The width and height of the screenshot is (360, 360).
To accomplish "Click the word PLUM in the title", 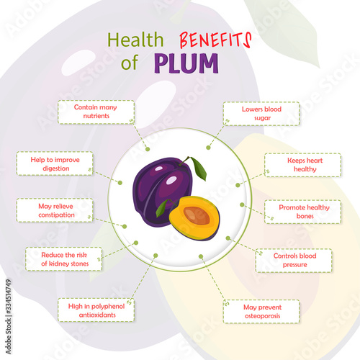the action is click(x=186, y=63).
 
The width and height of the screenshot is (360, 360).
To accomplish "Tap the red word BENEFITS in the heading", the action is click(x=215, y=40).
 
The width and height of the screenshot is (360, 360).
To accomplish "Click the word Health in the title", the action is click(x=135, y=40).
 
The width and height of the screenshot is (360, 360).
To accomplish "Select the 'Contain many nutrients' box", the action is click(x=96, y=112).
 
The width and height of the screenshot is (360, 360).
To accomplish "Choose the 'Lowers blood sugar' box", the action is click(x=261, y=114).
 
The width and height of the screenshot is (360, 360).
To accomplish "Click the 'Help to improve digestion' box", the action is click(x=55, y=163).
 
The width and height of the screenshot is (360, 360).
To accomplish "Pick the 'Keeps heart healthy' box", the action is click(x=302, y=165).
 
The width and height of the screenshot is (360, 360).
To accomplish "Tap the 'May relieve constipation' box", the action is click(x=55, y=210).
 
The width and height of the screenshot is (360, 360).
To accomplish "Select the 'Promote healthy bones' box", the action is click(x=302, y=212).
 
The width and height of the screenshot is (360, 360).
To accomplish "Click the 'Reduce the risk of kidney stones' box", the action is click(x=63, y=259).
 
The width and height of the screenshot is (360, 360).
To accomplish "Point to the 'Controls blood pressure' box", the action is click(x=294, y=261).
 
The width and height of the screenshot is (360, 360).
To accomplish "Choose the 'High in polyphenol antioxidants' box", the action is click(x=96, y=310).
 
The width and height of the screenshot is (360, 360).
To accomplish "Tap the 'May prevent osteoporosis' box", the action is click(x=261, y=311).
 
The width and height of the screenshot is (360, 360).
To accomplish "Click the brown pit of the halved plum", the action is click(x=197, y=215).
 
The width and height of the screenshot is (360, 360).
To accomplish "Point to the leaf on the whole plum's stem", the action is click(x=199, y=168).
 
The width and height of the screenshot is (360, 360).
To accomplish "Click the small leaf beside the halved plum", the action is click(x=163, y=208).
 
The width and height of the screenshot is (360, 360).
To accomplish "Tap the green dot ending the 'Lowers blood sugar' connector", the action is click(x=208, y=148).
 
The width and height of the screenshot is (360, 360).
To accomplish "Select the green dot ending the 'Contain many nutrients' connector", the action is click(x=148, y=149).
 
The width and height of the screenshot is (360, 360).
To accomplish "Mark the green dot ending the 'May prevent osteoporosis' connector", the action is click(x=201, y=256).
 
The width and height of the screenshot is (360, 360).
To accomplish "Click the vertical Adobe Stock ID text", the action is click(x=8, y=316).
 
